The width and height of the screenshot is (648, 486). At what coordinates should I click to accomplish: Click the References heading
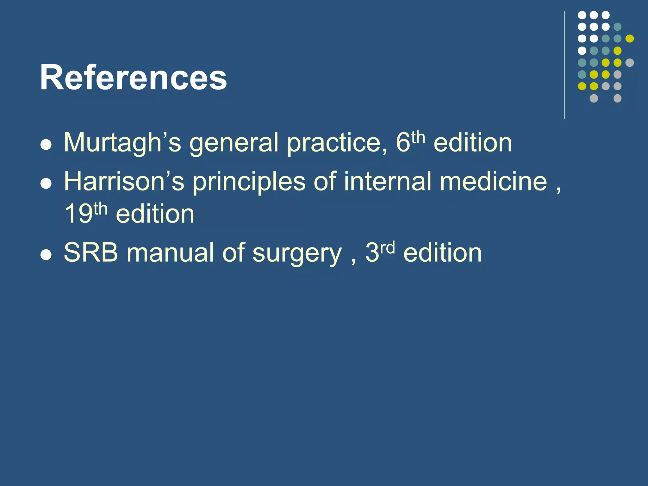pos(133,78)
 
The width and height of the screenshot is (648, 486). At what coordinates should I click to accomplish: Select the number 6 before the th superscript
pos(403,143)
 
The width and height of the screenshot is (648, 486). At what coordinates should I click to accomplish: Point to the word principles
pos(249,182)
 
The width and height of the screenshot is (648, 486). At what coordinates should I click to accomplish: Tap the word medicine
pos(493,181)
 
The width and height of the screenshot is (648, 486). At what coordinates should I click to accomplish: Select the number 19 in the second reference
pos(78,214)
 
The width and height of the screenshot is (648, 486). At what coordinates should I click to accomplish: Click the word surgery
pos(297,254)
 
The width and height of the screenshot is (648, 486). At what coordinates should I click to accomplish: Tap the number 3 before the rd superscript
pos(372,252)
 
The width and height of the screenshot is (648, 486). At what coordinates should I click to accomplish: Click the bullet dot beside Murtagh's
pos(46,145)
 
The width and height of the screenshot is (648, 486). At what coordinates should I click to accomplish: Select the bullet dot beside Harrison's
pos(46,184)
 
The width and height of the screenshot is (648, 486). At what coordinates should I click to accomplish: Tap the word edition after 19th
pos(155,214)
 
